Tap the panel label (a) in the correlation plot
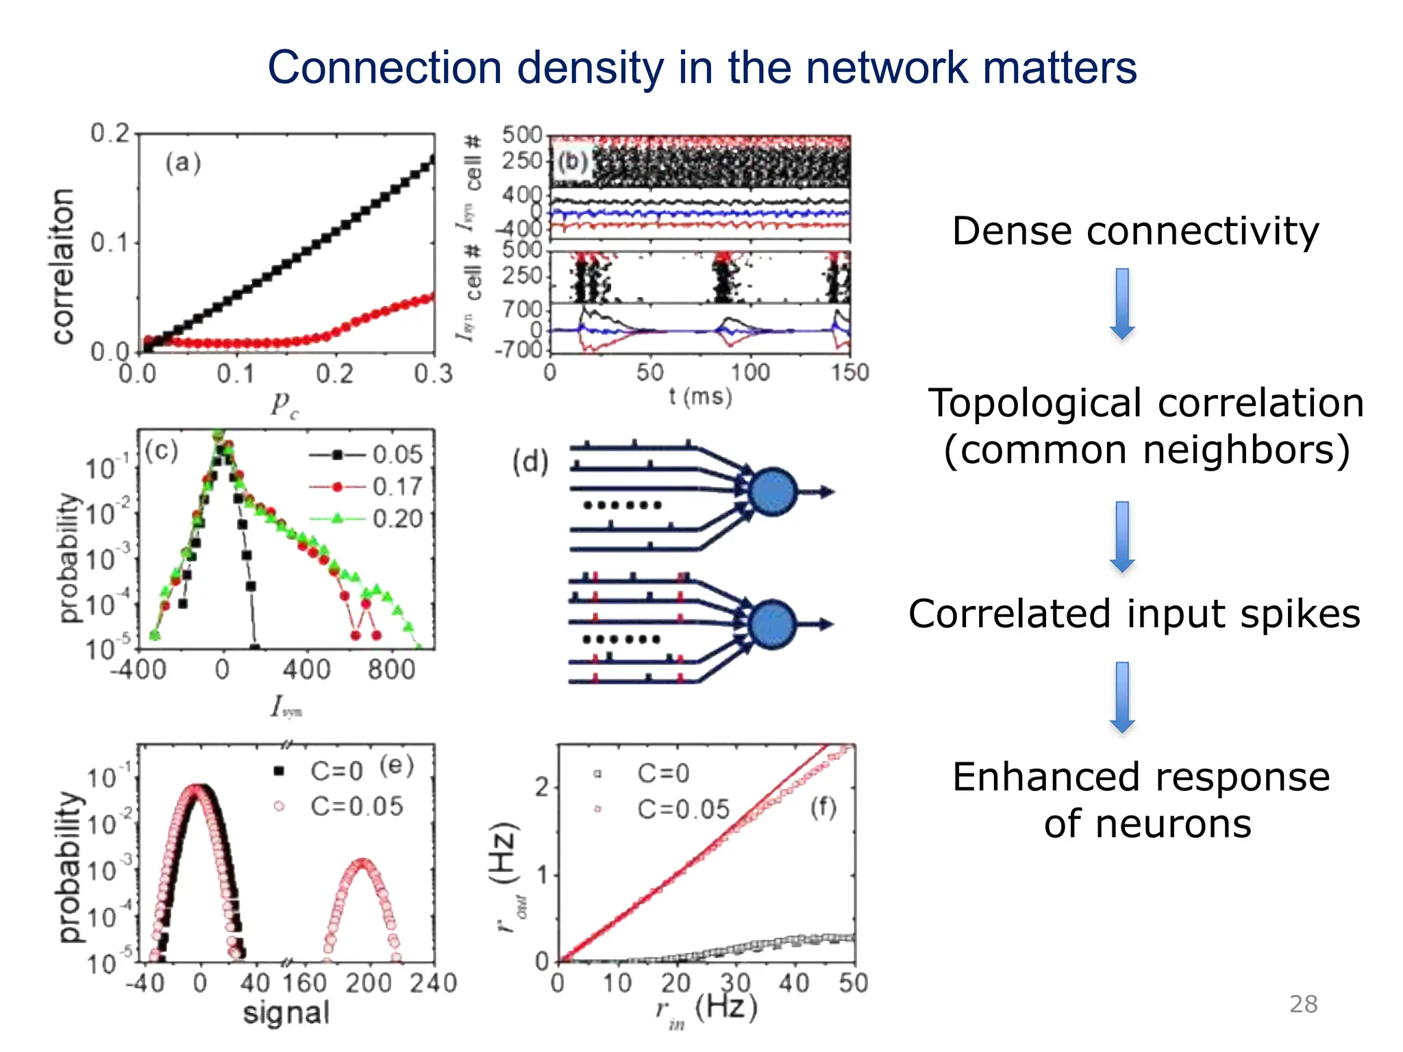(x=183, y=163)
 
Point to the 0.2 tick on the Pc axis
(x=334, y=374)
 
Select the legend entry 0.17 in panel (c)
(x=397, y=487)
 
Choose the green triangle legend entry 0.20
(x=397, y=518)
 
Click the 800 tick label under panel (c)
(x=391, y=669)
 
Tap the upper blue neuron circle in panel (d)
(x=773, y=492)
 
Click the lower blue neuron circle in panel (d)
(x=772, y=624)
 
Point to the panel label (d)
(x=531, y=462)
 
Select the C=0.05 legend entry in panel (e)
(x=356, y=806)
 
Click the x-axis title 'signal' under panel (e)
(x=286, y=1013)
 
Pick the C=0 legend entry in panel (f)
(x=662, y=773)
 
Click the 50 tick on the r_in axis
(x=853, y=984)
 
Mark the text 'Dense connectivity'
(x=1135, y=231)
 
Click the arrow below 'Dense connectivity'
(x=1122, y=303)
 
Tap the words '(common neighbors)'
(x=1147, y=450)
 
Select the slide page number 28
(x=1303, y=1004)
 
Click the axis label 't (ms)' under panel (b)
(x=700, y=397)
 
